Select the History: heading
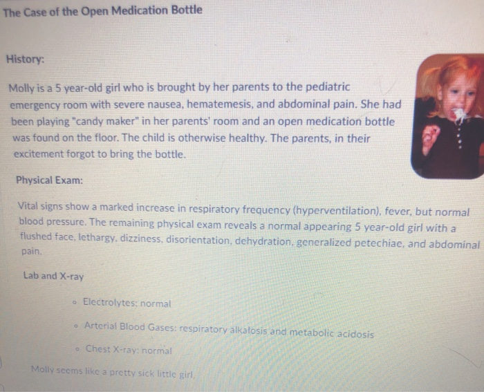click(x=25, y=59)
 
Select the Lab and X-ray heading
click(x=53, y=276)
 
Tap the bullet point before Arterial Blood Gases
click(x=75, y=326)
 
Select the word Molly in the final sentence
click(x=44, y=369)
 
